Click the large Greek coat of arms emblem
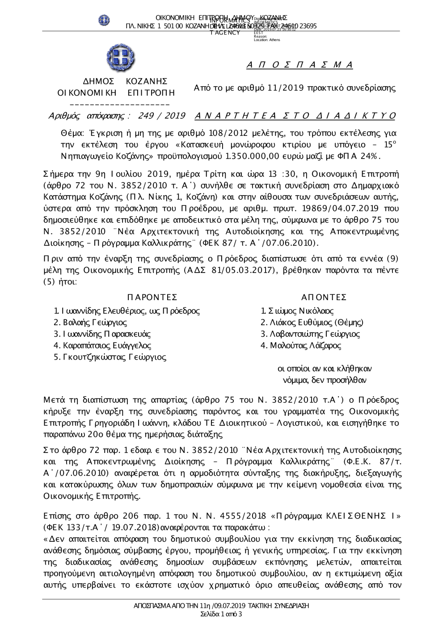tap(121, 58)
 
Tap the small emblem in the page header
tap(104, 20)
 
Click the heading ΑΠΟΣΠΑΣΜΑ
tap(299, 65)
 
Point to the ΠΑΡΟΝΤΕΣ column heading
tap(152, 297)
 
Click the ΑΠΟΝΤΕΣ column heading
tap(324, 297)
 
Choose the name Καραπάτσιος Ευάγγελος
tap(102, 345)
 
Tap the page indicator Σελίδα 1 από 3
tap(221, 614)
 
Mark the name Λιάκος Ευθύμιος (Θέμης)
tap(312, 322)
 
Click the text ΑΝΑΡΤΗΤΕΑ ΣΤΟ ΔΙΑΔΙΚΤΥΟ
tap(295, 116)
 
